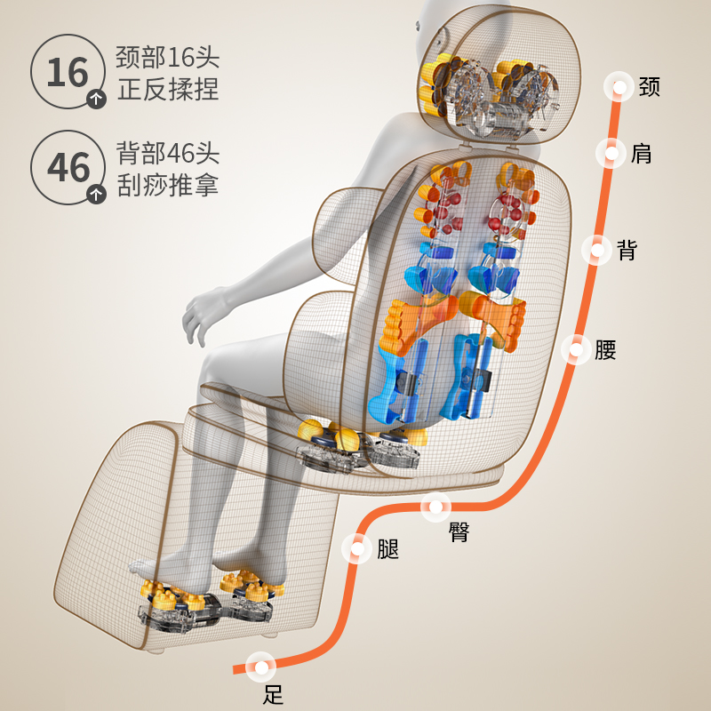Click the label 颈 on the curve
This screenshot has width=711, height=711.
(649, 87)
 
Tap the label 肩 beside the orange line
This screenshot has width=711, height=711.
(641, 153)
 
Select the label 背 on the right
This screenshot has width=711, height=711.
(627, 250)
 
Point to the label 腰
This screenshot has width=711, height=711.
(605, 349)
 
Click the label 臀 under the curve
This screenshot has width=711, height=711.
(459, 532)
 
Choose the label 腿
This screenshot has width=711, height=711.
(387, 548)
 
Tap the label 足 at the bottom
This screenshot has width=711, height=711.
(274, 693)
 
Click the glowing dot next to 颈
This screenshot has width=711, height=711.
(618, 87)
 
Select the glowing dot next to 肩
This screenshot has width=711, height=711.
(611, 153)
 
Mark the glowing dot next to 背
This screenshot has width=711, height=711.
(595, 250)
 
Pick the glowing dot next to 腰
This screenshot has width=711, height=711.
(575, 349)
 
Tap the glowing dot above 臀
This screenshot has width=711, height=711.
(435, 507)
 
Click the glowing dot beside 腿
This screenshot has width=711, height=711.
(357, 548)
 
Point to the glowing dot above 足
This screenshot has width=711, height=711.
(261, 665)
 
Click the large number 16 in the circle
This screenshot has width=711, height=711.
(68, 71)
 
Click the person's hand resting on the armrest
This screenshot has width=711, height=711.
(203, 313)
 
